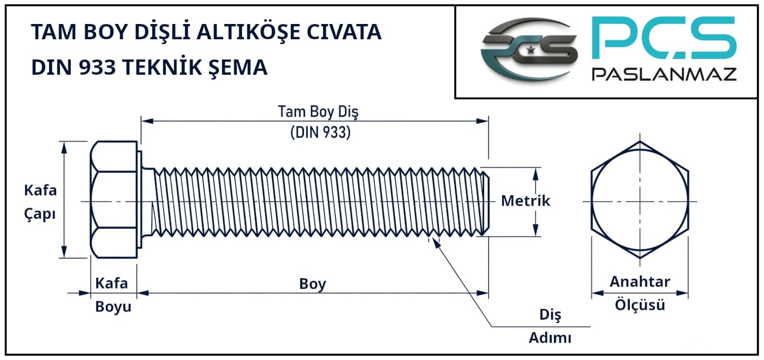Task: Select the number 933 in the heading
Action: [x=97, y=67]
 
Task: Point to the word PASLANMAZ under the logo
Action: [x=664, y=74]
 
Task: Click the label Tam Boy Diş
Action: [x=318, y=112]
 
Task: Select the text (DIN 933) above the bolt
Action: [x=320, y=132]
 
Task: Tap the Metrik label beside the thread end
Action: [x=526, y=201]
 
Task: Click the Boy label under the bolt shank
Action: [x=312, y=284]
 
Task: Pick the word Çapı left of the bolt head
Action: [x=40, y=214]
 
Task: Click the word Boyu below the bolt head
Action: [x=114, y=307]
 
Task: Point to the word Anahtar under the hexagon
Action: [x=640, y=281]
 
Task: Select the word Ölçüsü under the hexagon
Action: [x=640, y=304]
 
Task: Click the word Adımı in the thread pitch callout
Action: [x=550, y=338]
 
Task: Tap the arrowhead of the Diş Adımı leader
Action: [x=436, y=243]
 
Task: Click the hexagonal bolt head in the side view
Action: [x=114, y=200]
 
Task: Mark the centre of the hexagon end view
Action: [x=640, y=201]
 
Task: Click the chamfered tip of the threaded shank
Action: [x=485, y=201]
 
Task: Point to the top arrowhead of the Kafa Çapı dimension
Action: [x=64, y=147]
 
